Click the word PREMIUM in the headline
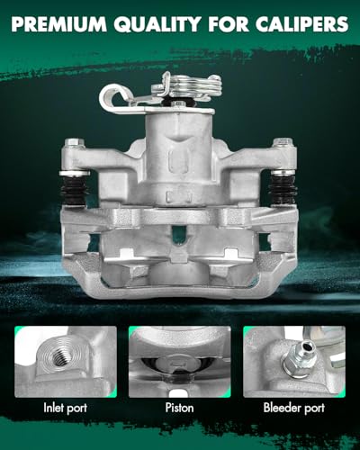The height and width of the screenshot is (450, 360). [x=58, y=24]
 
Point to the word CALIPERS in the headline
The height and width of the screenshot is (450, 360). [x=302, y=24]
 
